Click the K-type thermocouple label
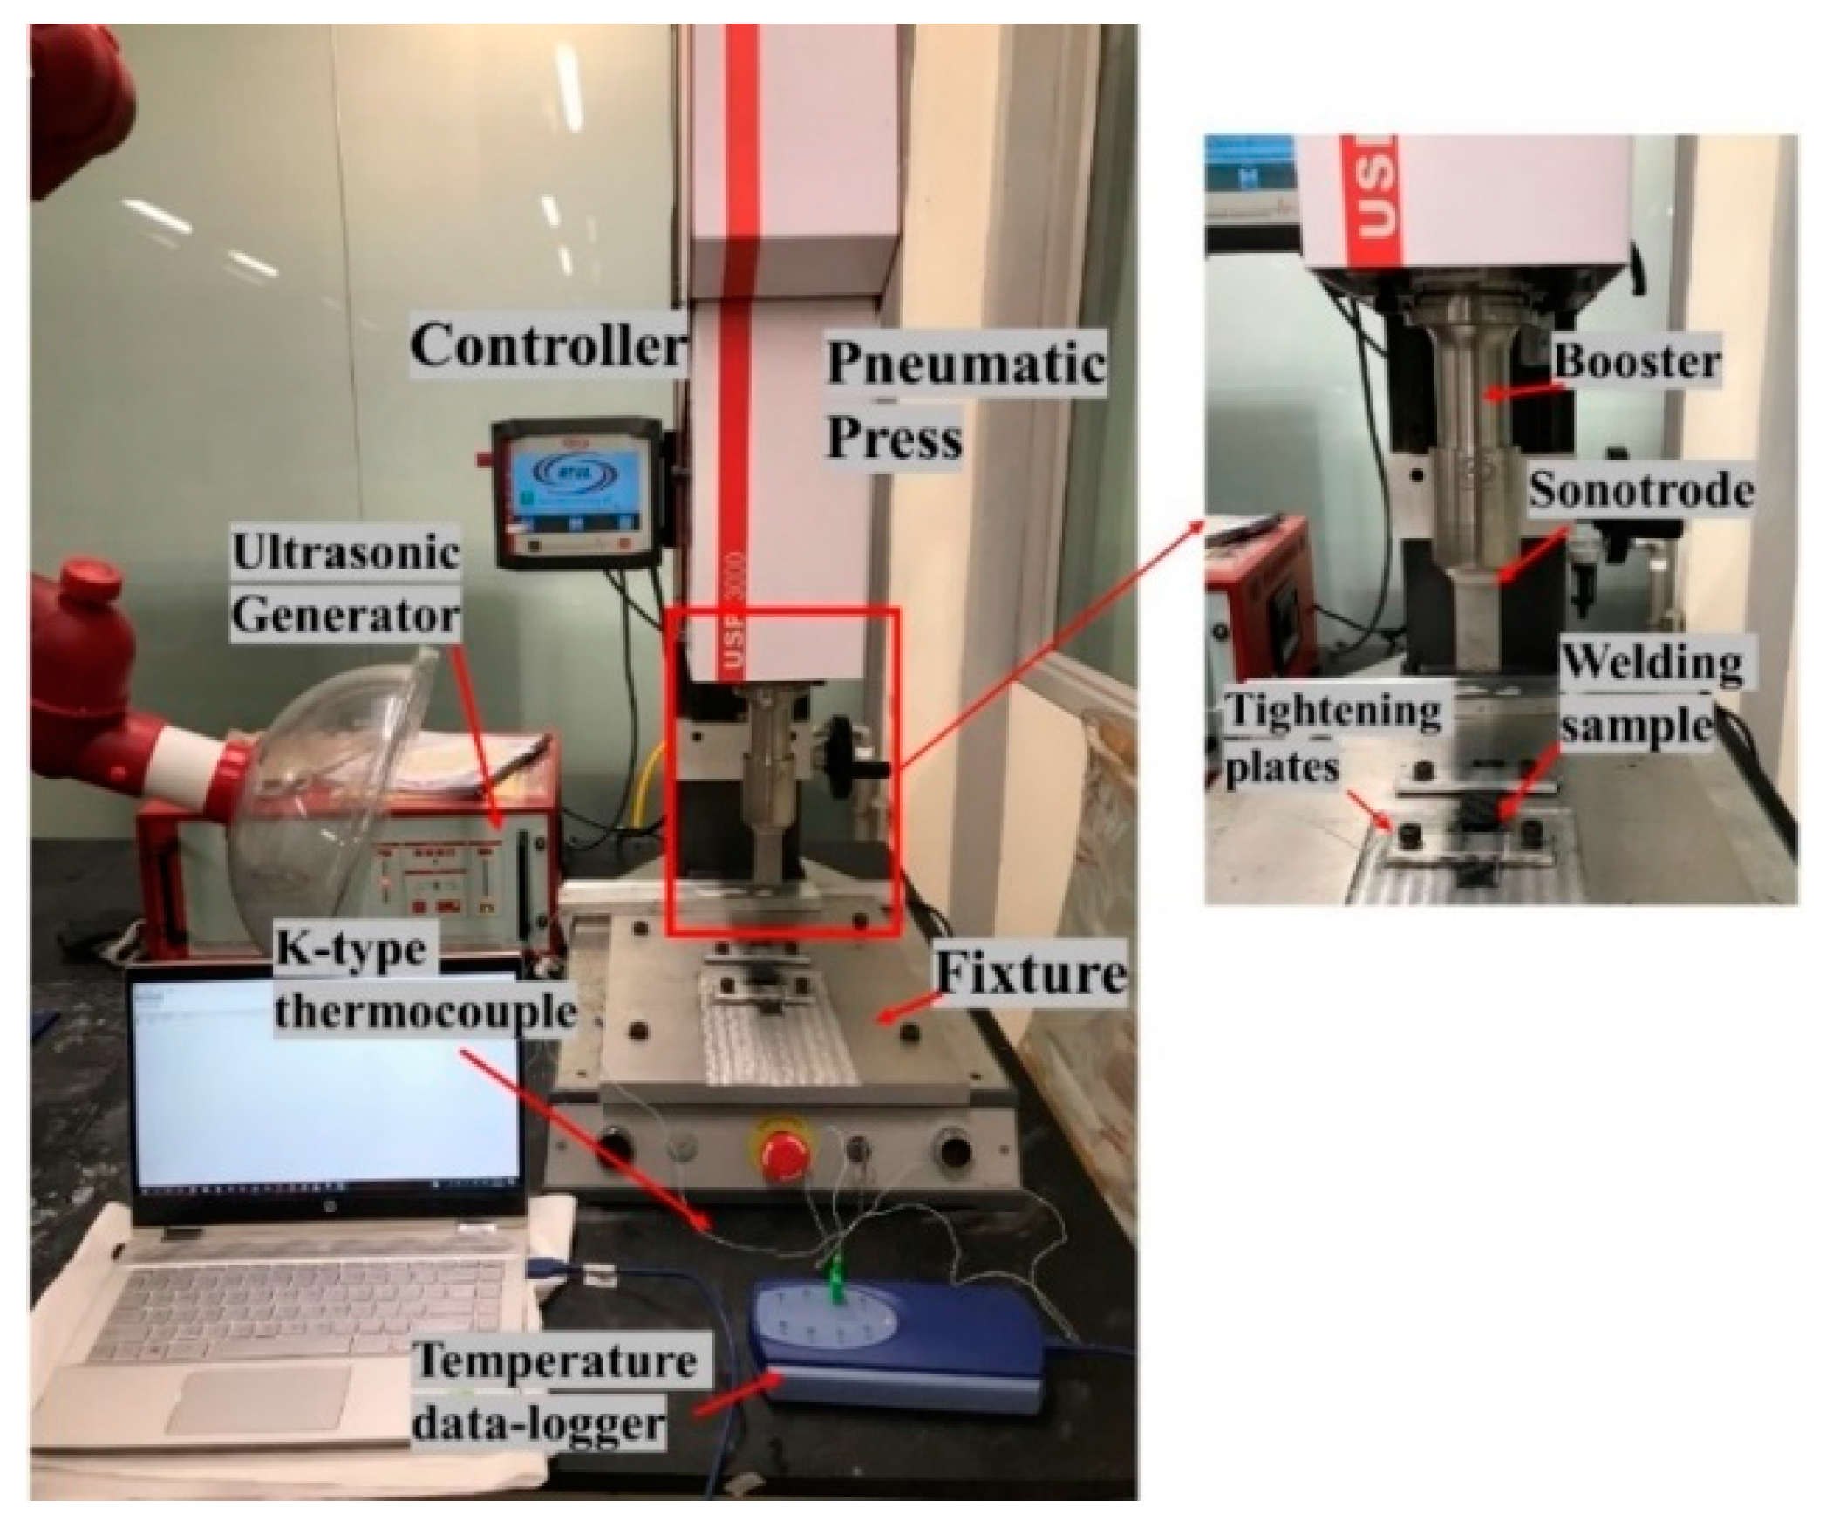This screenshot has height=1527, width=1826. coord(425,980)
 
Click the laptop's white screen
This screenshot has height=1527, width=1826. coord(323,1090)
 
